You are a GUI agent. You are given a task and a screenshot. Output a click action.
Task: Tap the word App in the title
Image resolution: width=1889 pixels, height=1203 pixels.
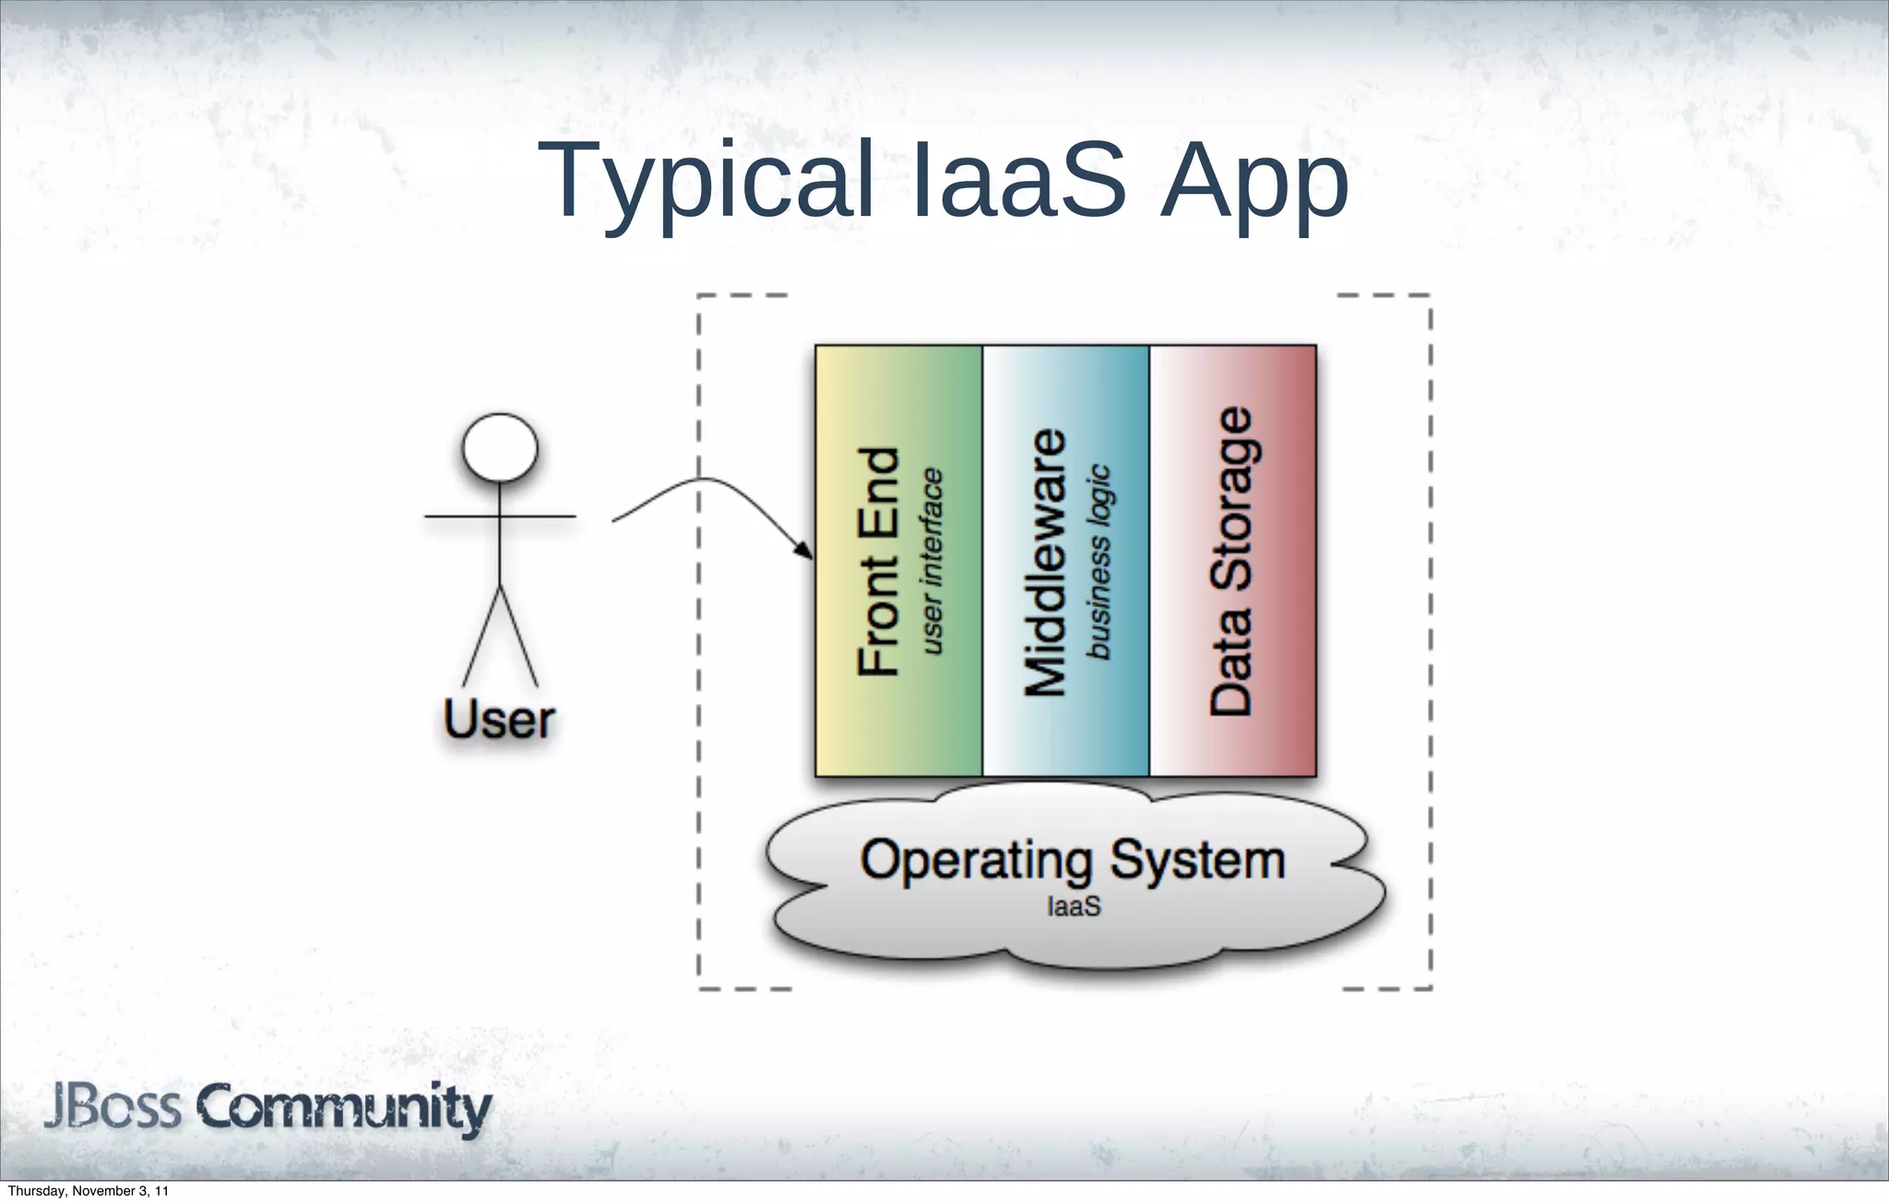(x=1254, y=183)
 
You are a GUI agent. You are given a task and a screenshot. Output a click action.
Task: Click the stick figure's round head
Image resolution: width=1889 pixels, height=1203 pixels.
(x=500, y=447)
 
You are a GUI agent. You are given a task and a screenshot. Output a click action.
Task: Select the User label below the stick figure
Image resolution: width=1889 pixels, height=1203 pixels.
(x=499, y=720)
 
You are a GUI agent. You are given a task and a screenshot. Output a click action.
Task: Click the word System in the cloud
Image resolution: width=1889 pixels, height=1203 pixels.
(x=1197, y=860)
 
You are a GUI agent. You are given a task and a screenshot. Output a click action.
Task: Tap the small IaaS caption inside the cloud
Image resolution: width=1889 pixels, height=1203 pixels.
(x=1074, y=907)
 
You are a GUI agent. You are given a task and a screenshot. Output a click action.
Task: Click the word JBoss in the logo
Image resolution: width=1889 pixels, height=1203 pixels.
(x=113, y=1107)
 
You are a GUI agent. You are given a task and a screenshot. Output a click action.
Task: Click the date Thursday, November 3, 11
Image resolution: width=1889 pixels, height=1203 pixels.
(x=88, y=1191)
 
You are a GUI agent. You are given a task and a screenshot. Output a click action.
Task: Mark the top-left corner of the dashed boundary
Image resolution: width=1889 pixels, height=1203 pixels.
(x=699, y=296)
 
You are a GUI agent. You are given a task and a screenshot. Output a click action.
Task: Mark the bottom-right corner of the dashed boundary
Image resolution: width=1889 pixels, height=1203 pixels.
(x=1430, y=988)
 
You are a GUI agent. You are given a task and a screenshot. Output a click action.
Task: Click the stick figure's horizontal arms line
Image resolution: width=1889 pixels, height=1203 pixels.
(x=535, y=517)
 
